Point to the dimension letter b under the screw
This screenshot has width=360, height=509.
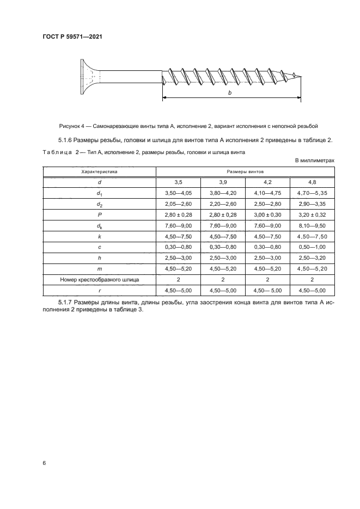point(230,94)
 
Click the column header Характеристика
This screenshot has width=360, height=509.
point(99,171)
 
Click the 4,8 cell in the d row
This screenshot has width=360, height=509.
point(312,182)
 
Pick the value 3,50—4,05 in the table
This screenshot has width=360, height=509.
point(178,193)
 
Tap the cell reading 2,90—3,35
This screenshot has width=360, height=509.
point(312,204)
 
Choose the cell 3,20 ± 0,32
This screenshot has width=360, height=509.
point(312,214)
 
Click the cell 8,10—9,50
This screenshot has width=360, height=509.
point(312,225)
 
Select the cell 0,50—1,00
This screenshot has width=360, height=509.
point(312,247)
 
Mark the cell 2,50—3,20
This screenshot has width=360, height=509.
point(312,258)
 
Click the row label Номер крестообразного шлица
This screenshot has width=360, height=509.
point(99,280)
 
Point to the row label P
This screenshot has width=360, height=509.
point(99,214)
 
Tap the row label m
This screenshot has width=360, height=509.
point(99,269)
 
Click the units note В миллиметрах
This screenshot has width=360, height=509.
point(314,161)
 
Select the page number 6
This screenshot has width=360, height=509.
point(44,463)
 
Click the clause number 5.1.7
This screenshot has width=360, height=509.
point(66,302)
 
